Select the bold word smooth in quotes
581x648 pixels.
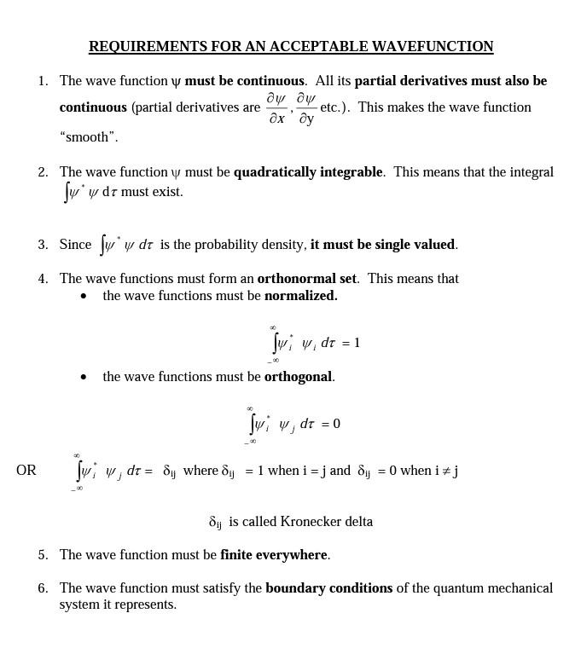click(89, 137)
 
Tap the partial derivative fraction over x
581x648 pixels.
click(276, 108)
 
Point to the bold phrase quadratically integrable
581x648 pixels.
click(308, 172)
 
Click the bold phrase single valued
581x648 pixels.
click(383, 245)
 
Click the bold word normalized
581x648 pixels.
click(300, 296)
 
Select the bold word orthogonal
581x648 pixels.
click(298, 377)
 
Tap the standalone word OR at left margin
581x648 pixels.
click(26, 471)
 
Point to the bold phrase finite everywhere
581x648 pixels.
click(273, 555)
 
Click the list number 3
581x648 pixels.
click(42, 245)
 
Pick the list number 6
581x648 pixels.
click(42, 588)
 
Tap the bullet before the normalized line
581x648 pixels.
click(84, 297)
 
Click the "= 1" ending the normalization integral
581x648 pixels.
click(351, 343)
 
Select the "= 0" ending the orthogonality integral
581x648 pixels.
click(331, 424)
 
